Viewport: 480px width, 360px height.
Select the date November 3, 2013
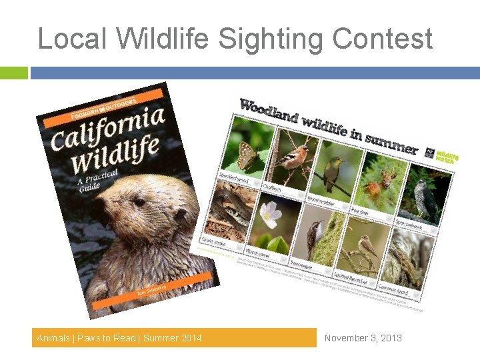pos(363,338)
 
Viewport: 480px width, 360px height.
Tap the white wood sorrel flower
pos(269,215)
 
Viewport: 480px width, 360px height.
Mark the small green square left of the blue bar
pos(13,73)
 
